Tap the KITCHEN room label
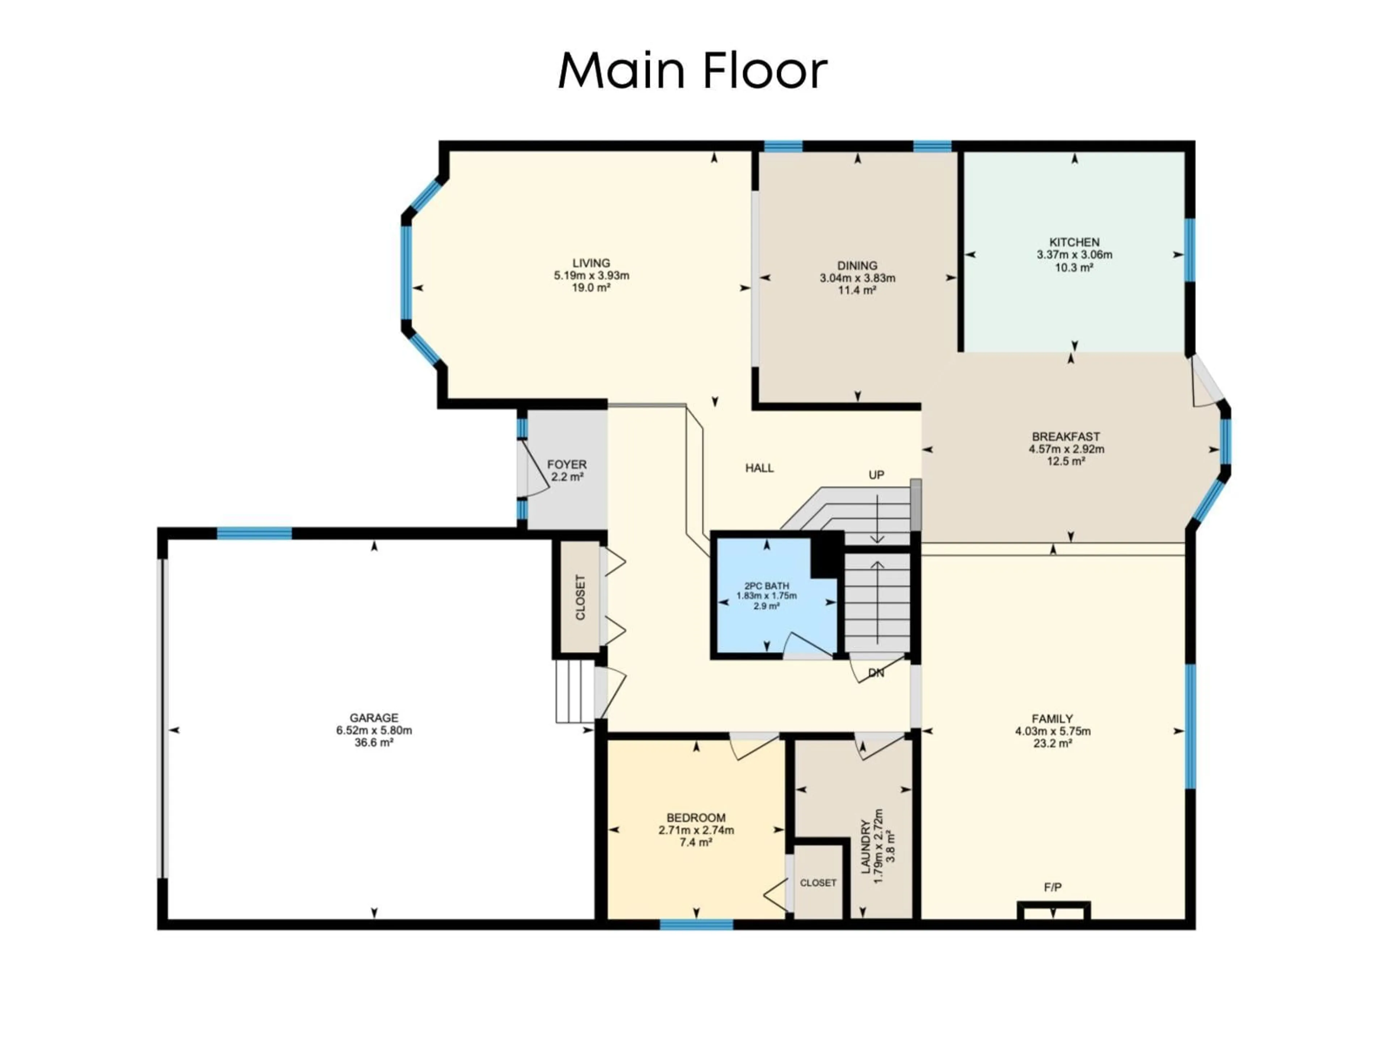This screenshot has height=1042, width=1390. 1074,242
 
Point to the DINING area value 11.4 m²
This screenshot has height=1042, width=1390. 857,290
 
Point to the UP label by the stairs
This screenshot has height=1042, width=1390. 876,475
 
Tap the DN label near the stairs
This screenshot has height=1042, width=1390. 876,673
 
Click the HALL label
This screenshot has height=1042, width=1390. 759,468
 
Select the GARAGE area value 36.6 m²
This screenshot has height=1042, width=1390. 374,742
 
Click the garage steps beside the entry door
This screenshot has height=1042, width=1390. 574,691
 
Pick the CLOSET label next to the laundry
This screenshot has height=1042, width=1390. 818,882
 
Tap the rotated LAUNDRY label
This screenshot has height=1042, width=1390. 865,847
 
